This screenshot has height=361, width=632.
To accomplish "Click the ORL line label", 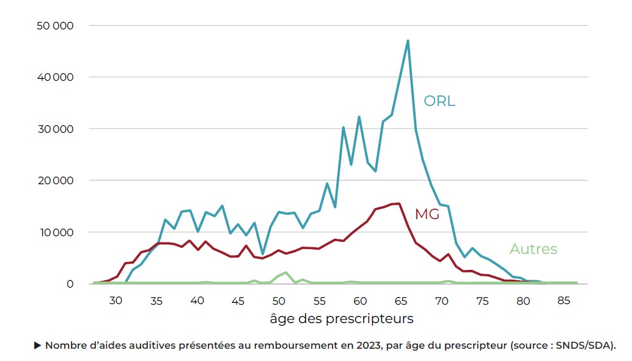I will pos(439,101).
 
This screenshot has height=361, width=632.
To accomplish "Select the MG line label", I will pos(427,214).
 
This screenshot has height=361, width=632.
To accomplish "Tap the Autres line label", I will pos(533,249).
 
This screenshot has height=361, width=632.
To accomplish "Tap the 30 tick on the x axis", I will pos(116,301).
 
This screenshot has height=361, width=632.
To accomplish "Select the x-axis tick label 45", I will pos(238,301).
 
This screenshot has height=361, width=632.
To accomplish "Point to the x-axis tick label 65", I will pos(401,301).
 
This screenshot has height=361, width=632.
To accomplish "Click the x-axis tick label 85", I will pos(564,301).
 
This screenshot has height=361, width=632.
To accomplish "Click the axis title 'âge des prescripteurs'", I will pos(341,319).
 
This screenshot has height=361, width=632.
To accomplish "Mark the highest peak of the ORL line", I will pos(408,41).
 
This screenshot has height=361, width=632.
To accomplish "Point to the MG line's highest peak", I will pos(399,204).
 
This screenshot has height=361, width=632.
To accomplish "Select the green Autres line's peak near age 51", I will pos(286,272).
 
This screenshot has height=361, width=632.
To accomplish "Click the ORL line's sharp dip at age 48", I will pos(262,254).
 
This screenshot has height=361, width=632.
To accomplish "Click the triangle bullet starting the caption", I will pos(38,346).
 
